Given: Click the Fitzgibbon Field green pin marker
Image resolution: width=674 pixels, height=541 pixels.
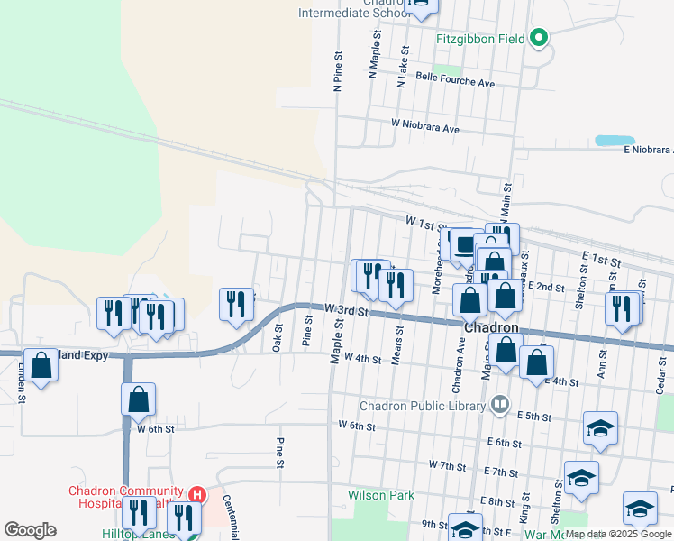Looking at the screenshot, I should (x=539, y=38).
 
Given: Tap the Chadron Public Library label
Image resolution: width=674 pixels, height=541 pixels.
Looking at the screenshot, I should (x=423, y=406).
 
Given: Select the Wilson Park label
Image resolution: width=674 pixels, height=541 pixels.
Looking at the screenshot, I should (x=381, y=495).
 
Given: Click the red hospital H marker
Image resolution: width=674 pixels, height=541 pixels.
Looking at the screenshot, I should (x=198, y=495).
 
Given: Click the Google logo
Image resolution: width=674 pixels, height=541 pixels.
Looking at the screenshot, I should (x=30, y=530).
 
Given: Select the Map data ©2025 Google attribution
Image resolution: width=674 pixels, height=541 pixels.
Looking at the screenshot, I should (x=619, y=534).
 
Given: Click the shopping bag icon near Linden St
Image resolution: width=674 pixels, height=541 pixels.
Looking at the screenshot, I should (x=41, y=365).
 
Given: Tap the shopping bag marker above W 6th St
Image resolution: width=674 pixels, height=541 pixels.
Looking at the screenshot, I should (x=138, y=399).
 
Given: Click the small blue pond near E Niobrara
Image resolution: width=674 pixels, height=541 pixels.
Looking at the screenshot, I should (x=614, y=141).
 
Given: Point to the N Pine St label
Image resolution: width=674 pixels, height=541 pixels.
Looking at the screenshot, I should (x=338, y=70).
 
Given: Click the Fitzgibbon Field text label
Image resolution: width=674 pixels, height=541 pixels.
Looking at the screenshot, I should (x=481, y=39).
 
